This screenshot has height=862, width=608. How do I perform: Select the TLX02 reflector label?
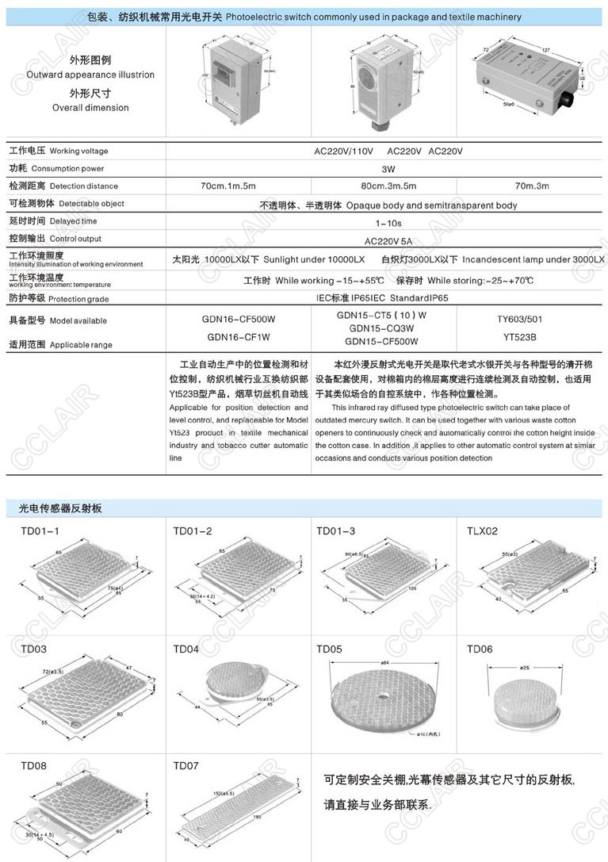coord(482,531)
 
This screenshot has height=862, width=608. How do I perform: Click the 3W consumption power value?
coord(388,169)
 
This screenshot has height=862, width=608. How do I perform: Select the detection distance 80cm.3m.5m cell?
coord(388,186)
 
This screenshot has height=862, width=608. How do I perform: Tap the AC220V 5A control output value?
coord(388,239)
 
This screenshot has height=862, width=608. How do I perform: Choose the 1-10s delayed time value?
coord(388,222)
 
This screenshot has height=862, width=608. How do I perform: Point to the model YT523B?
coord(519,335)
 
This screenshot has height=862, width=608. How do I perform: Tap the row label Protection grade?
coord(77,299)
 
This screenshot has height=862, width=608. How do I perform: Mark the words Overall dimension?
coord(90,108)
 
